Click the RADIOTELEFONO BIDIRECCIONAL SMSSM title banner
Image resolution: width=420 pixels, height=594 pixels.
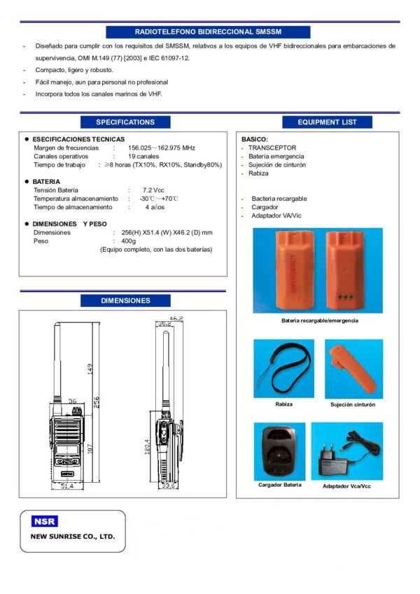(x=208, y=31)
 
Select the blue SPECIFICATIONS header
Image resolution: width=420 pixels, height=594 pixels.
(x=125, y=122)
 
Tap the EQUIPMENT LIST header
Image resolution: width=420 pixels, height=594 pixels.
(x=327, y=122)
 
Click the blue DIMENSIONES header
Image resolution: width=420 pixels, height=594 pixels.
(x=125, y=301)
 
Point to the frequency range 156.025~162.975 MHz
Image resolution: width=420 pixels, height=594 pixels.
(x=161, y=148)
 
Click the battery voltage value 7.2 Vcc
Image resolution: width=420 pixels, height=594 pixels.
(x=153, y=190)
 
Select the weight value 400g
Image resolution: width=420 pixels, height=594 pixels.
(x=129, y=241)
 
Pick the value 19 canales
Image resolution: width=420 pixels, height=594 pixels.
(x=143, y=157)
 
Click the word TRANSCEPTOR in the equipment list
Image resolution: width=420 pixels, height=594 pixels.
(x=272, y=148)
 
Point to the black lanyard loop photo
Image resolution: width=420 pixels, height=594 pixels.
(x=283, y=369)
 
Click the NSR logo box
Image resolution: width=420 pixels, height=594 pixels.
(x=45, y=521)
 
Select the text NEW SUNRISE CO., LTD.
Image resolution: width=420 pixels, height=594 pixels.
(x=73, y=537)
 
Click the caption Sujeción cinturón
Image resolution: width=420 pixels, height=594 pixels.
(x=353, y=404)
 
